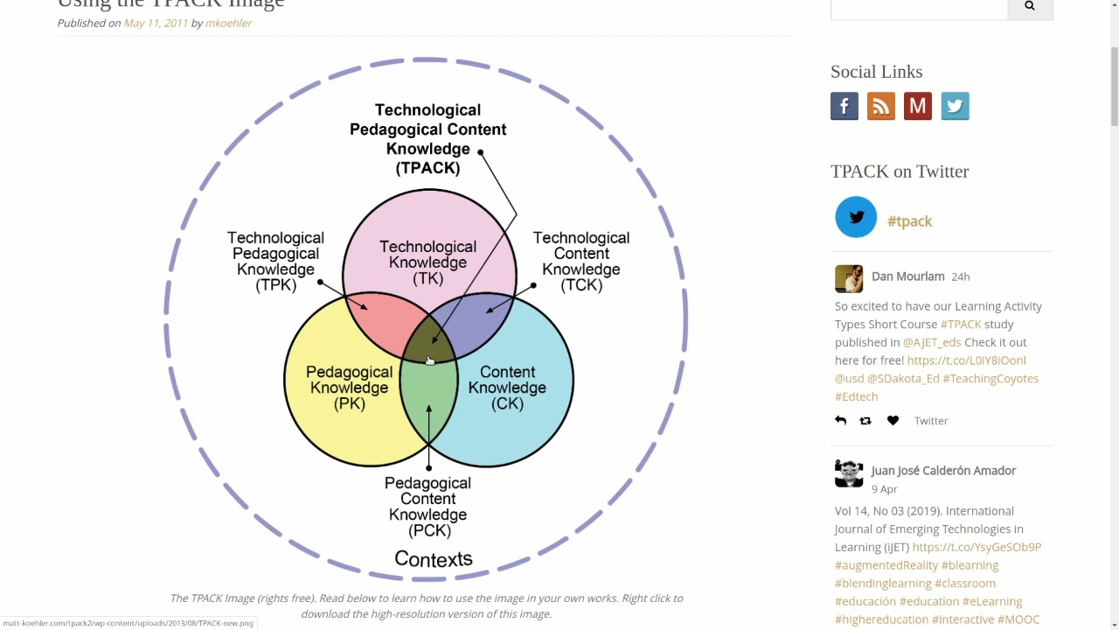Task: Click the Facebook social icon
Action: tap(844, 106)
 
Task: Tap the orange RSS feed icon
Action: tap(881, 106)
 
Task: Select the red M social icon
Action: tap(918, 106)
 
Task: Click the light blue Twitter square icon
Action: tap(955, 106)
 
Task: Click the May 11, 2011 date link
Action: tap(156, 23)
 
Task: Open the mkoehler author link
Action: tap(228, 23)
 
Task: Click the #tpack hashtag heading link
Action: tap(909, 221)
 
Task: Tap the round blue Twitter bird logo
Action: tap(856, 217)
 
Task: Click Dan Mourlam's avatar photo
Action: tap(849, 279)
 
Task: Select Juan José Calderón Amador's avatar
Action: tap(849, 473)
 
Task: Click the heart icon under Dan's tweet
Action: tap(893, 421)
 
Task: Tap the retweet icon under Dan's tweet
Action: tap(865, 421)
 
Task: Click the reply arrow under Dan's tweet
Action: tap(840, 421)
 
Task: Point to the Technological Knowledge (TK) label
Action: tap(427, 262)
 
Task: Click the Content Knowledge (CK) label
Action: tap(507, 388)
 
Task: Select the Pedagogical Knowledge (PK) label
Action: tap(349, 388)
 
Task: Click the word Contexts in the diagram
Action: tap(434, 558)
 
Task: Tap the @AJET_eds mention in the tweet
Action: tap(932, 342)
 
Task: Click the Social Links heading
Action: tap(876, 72)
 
